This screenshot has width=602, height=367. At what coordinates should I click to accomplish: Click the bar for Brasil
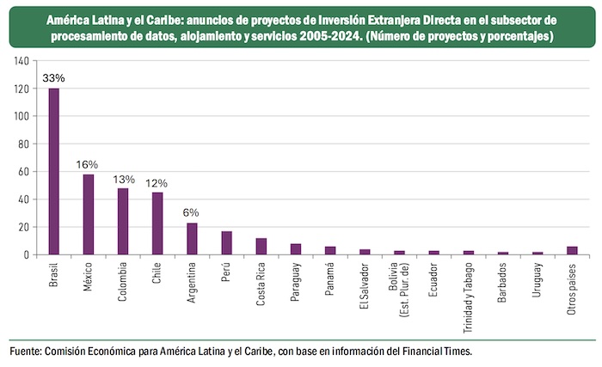click(x=54, y=171)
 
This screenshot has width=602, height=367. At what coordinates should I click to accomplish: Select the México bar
click(x=89, y=214)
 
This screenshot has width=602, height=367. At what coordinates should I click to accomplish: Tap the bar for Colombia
click(x=123, y=221)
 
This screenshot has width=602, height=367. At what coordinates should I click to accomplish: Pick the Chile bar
click(x=157, y=223)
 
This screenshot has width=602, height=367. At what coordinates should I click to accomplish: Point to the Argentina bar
click(x=192, y=238)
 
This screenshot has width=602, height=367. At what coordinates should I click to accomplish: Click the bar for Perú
click(x=226, y=242)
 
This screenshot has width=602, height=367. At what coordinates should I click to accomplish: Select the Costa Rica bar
click(x=261, y=246)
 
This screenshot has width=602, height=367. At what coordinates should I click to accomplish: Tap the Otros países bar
click(x=572, y=250)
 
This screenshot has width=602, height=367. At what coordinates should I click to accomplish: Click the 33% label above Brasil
click(x=54, y=77)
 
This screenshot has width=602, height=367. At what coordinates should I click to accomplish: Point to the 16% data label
click(x=89, y=164)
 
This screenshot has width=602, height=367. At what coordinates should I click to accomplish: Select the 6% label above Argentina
click(x=192, y=212)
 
